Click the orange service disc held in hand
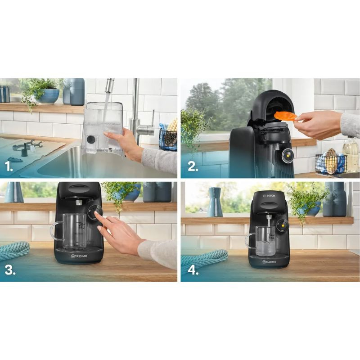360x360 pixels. (x=285, y=116)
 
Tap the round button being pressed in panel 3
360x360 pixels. (x=95, y=212)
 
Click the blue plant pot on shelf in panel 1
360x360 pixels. (x=48, y=95)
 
